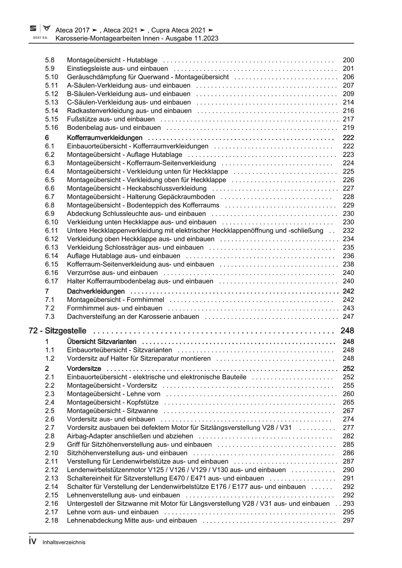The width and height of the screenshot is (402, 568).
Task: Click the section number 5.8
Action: (50, 60)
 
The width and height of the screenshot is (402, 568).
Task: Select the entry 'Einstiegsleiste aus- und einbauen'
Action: (117, 68)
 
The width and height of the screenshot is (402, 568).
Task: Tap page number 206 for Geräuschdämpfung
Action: (348, 77)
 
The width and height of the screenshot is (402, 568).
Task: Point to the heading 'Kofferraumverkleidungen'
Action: (104, 138)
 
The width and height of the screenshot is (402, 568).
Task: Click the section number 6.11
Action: (52, 230)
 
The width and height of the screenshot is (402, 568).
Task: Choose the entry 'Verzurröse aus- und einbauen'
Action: (112, 272)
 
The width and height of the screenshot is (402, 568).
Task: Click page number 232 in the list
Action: (348, 230)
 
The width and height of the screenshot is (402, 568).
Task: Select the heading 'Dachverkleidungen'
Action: (96, 291)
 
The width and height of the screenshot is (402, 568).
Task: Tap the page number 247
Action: (348, 317)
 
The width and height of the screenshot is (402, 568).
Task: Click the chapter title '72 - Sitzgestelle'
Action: (57, 331)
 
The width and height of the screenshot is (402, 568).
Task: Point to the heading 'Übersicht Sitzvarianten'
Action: (101, 342)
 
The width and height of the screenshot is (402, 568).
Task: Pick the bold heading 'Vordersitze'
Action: (84, 369)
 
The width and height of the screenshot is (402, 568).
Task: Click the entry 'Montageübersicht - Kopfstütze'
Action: (112, 402)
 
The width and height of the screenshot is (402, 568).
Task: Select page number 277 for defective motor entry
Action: (348, 428)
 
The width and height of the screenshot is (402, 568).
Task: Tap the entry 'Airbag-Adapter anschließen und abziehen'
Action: (130, 436)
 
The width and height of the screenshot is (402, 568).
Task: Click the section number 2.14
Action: (52, 487)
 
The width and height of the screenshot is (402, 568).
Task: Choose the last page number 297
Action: (348, 520)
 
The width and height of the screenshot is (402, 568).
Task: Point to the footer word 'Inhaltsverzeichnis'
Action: (64, 542)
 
